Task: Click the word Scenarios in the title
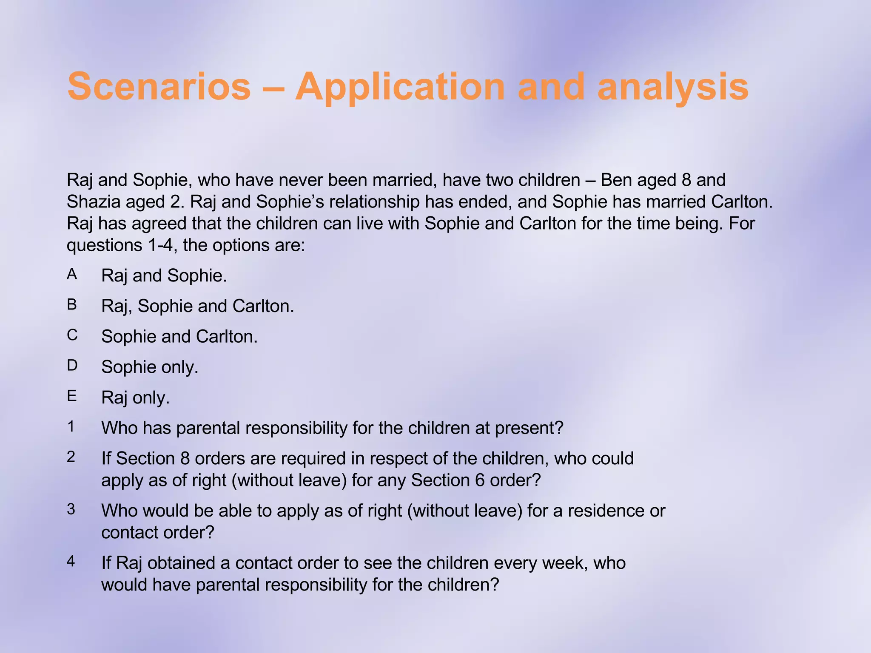click(x=159, y=87)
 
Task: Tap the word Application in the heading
click(x=400, y=87)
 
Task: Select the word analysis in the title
click(x=673, y=87)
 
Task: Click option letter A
click(x=72, y=275)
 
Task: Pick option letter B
click(x=72, y=305)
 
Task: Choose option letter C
click(x=72, y=335)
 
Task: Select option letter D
click(x=72, y=366)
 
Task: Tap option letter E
click(x=72, y=396)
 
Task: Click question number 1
click(x=71, y=426)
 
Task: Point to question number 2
click(x=71, y=457)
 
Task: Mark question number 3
click(x=71, y=509)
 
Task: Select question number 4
click(x=71, y=562)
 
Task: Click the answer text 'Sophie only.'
click(x=150, y=367)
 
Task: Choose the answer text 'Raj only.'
click(x=135, y=398)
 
